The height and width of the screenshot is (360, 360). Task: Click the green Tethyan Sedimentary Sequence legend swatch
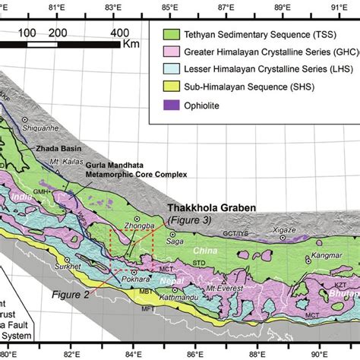click(x=178, y=34)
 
